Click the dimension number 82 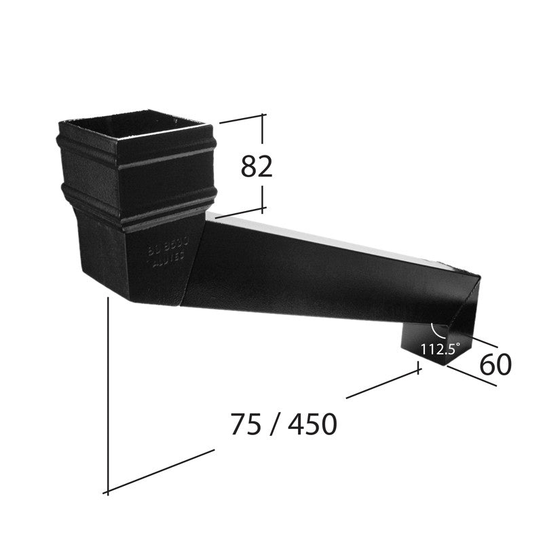(x=257, y=166)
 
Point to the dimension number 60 (x=495, y=365)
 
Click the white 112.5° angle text (x=439, y=350)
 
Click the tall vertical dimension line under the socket (x=108, y=394)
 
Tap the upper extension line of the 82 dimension (x=241, y=119)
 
